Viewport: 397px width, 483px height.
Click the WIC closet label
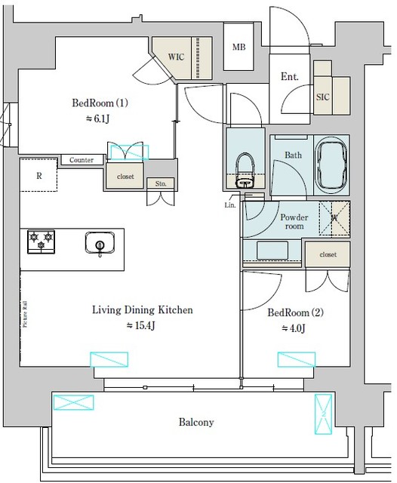pyautogui.click(x=176, y=57)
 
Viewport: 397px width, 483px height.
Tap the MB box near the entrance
pyautogui.click(x=239, y=48)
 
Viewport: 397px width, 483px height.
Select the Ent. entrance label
pyautogui.click(x=289, y=76)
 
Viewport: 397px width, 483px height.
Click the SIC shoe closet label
pyautogui.click(x=322, y=97)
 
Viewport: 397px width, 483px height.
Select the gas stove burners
pyautogui.click(x=41, y=241)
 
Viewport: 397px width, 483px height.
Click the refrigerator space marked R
pyautogui.click(x=38, y=175)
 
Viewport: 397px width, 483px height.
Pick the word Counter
pyautogui.click(x=81, y=160)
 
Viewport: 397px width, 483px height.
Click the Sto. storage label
pyautogui.click(x=162, y=183)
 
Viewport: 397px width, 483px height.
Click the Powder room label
pyautogui.click(x=293, y=221)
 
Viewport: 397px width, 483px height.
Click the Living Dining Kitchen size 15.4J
pyautogui.click(x=143, y=325)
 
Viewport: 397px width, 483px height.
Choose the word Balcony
pyautogui.click(x=195, y=422)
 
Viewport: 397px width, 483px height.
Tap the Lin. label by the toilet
pyautogui.click(x=230, y=205)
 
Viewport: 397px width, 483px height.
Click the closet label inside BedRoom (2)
pyautogui.click(x=328, y=255)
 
